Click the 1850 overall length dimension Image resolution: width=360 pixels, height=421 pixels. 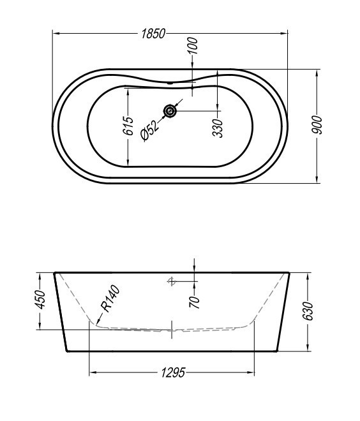coord(153,33)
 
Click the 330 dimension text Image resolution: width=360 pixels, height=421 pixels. coord(218,127)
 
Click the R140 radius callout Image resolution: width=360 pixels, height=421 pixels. coord(110,300)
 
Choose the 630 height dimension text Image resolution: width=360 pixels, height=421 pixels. coord(308,311)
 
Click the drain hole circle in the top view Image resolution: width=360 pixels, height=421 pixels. coord(170,112)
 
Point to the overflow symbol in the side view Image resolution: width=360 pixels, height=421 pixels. coord(171,280)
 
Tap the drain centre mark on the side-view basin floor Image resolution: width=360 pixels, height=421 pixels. coord(172,330)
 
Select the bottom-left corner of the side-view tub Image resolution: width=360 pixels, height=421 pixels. coord(67,351)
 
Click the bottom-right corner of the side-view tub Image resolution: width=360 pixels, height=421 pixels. coord(277,351)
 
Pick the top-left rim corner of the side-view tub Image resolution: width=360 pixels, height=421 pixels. coord(54,273)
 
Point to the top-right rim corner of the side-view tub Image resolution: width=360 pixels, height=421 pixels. coord(290,273)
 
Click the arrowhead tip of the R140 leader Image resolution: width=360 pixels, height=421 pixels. coord(96,323)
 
